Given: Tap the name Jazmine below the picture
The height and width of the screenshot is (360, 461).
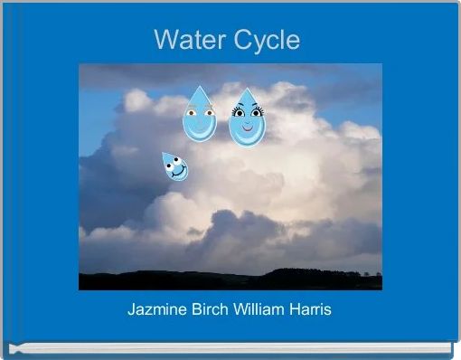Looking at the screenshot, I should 159,309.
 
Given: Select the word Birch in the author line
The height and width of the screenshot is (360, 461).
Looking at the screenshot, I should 212,309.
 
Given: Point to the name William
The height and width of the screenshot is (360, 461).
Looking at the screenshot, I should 259,309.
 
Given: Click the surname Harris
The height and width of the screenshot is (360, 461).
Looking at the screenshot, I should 310,309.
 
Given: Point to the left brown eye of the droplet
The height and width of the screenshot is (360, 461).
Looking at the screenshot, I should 191,113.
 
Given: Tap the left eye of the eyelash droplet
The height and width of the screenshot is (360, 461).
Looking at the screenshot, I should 239,112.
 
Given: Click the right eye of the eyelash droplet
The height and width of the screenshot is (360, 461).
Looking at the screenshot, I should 256,112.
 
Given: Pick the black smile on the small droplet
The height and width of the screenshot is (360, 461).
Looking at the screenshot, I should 181,172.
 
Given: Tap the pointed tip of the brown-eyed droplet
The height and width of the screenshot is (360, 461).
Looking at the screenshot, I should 199,88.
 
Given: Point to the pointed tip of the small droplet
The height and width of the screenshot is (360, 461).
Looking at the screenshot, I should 164,154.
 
